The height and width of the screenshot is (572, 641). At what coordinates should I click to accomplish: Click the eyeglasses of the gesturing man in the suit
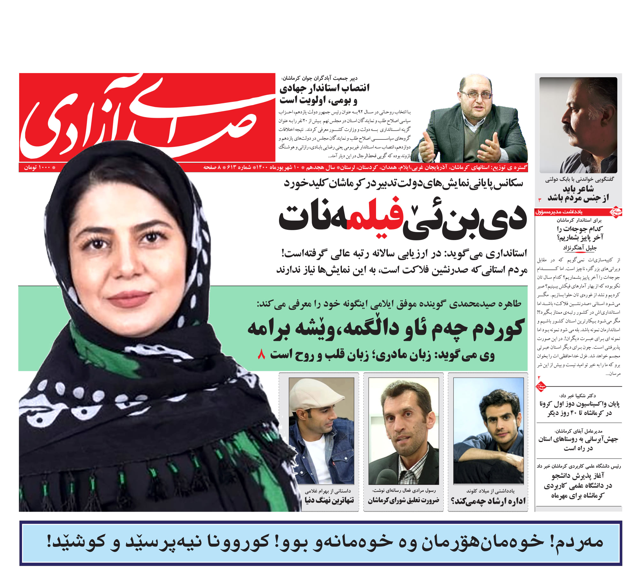(476, 95)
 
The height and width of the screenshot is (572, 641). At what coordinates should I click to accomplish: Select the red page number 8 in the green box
(261, 354)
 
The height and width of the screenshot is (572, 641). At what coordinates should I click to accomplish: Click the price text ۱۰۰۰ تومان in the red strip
(38, 167)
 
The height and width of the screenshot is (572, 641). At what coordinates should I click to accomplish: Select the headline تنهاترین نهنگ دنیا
(329, 500)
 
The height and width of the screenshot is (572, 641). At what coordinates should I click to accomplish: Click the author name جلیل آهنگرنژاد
(579, 248)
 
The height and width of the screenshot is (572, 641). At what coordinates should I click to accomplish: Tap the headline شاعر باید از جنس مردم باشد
(578, 194)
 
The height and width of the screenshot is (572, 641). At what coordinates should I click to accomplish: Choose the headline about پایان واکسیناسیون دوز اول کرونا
(579, 409)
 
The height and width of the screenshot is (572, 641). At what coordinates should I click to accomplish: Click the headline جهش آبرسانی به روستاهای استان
(578, 444)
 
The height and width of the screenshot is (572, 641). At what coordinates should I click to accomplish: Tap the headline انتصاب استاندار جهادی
(324, 94)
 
